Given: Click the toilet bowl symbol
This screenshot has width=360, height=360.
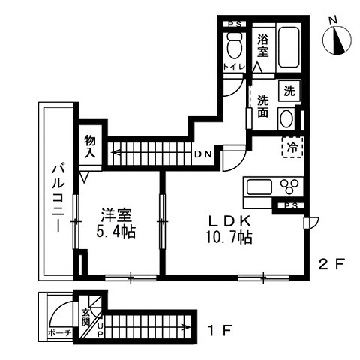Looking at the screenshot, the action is click(x=235, y=46).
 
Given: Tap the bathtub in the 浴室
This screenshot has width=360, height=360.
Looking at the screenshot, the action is click(x=289, y=47).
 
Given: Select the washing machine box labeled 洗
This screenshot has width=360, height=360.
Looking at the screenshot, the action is click(x=289, y=91).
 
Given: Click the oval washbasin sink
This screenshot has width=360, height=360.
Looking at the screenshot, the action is click(x=286, y=119).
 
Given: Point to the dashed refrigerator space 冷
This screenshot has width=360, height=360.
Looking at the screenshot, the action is click(x=292, y=147).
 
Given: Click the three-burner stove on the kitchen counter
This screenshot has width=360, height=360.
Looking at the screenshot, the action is click(x=289, y=187).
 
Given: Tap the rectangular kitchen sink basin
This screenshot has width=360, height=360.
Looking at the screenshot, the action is click(x=259, y=187).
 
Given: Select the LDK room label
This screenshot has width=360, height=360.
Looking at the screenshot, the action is click(x=229, y=220).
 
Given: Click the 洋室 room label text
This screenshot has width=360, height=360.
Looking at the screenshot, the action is click(x=116, y=215).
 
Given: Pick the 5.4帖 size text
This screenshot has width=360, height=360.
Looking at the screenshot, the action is click(x=116, y=232).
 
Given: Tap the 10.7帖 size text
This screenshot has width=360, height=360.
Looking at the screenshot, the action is click(x=229, y=237).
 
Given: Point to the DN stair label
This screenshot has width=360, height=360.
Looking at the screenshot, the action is click(x=203, y=154).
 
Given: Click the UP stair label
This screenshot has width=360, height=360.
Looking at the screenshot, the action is click(x=100, y=330).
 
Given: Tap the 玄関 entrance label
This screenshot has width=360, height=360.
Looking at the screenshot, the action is click(x=86, y=317).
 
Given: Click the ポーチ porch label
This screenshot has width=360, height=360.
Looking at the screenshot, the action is click(x=59, y=333).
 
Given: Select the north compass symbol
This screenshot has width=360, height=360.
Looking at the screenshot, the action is click(x=337, y=40).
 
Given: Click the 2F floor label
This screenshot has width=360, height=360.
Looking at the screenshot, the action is click(x=332, y=264).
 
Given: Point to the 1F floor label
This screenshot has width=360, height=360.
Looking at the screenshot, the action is click(x=220, y=330).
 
